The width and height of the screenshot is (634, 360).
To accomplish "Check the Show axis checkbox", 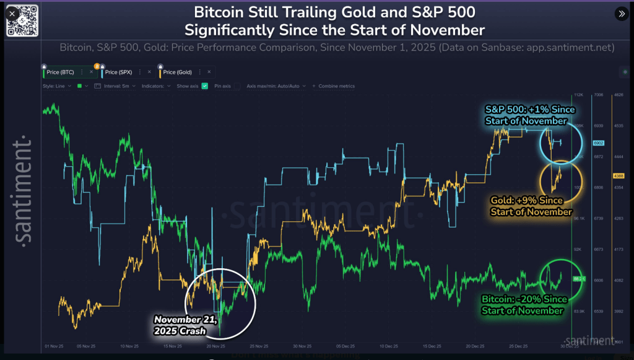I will click(x=205, y=86).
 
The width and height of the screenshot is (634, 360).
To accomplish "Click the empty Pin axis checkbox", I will click(x=237, y=86).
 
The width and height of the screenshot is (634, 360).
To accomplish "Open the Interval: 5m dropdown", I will click(x=116, y=86).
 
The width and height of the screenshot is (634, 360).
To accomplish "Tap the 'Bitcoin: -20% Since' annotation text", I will click(x=524, y=299).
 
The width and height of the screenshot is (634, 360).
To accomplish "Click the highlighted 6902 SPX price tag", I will click(x=598, y=143).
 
